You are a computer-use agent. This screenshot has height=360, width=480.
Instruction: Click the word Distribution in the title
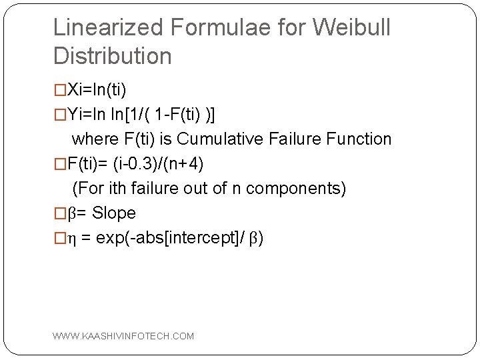[112, 56]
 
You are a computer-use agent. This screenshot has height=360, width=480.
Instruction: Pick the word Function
[365, 139]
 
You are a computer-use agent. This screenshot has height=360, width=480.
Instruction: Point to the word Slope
[114, 213]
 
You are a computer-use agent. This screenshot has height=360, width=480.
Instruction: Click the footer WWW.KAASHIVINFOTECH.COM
[123, 336]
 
